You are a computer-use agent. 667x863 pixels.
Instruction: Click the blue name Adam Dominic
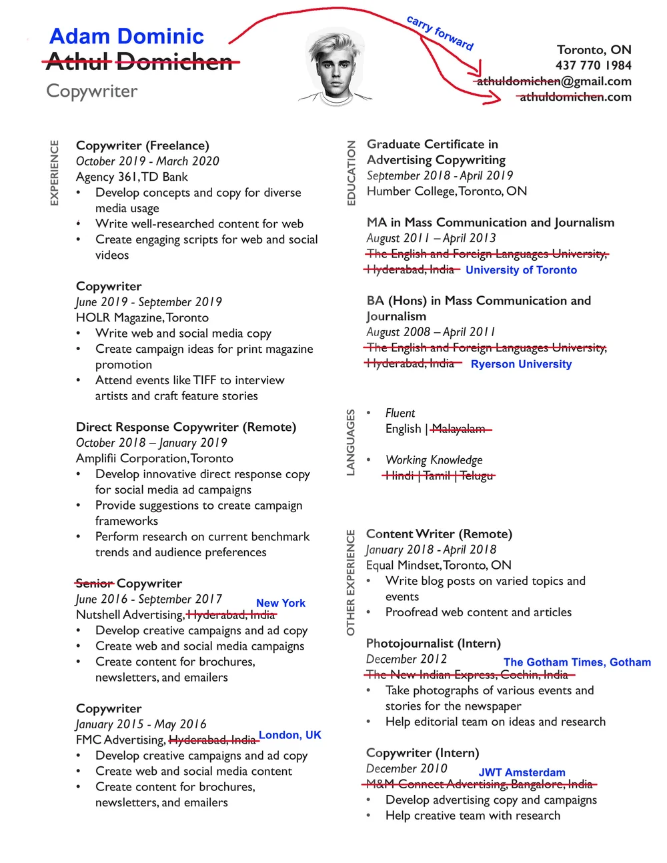[x=127, y=36]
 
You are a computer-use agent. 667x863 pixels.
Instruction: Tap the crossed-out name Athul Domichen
[x=139, y=62]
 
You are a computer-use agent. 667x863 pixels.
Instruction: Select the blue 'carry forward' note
[x=440, y=33]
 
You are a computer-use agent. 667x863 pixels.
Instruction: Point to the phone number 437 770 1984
[x=593, y=65]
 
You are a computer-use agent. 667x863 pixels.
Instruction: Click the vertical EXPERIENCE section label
[x=55, y=173]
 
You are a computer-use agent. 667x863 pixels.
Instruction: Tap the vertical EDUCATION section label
[x=352, y=173]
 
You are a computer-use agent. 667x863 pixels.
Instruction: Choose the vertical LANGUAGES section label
[x=351, y=443]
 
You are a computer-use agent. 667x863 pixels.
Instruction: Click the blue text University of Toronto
[x=521, y=270]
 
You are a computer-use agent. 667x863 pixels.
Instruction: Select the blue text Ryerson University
[x=521, y=364]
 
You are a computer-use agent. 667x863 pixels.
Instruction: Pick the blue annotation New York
[x=280, y=603]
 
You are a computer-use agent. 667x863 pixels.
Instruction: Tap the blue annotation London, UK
[x=289, y=735]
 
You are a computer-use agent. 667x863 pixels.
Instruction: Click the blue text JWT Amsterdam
[x=522, y=772]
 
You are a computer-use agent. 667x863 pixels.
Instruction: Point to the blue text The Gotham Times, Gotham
[x=577, y=662]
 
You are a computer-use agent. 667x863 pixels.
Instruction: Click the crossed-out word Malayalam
[x=459, y=429]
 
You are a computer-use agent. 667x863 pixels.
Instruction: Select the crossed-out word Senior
[x=95, y=584]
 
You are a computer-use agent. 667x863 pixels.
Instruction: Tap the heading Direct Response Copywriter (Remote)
[x=186, y=427]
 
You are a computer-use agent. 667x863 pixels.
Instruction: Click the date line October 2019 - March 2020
[x=147, y=161]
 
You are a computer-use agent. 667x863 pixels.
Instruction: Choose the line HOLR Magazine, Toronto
[x=142, y=317]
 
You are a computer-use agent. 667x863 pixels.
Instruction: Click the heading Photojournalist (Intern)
[x=433, y=644]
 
